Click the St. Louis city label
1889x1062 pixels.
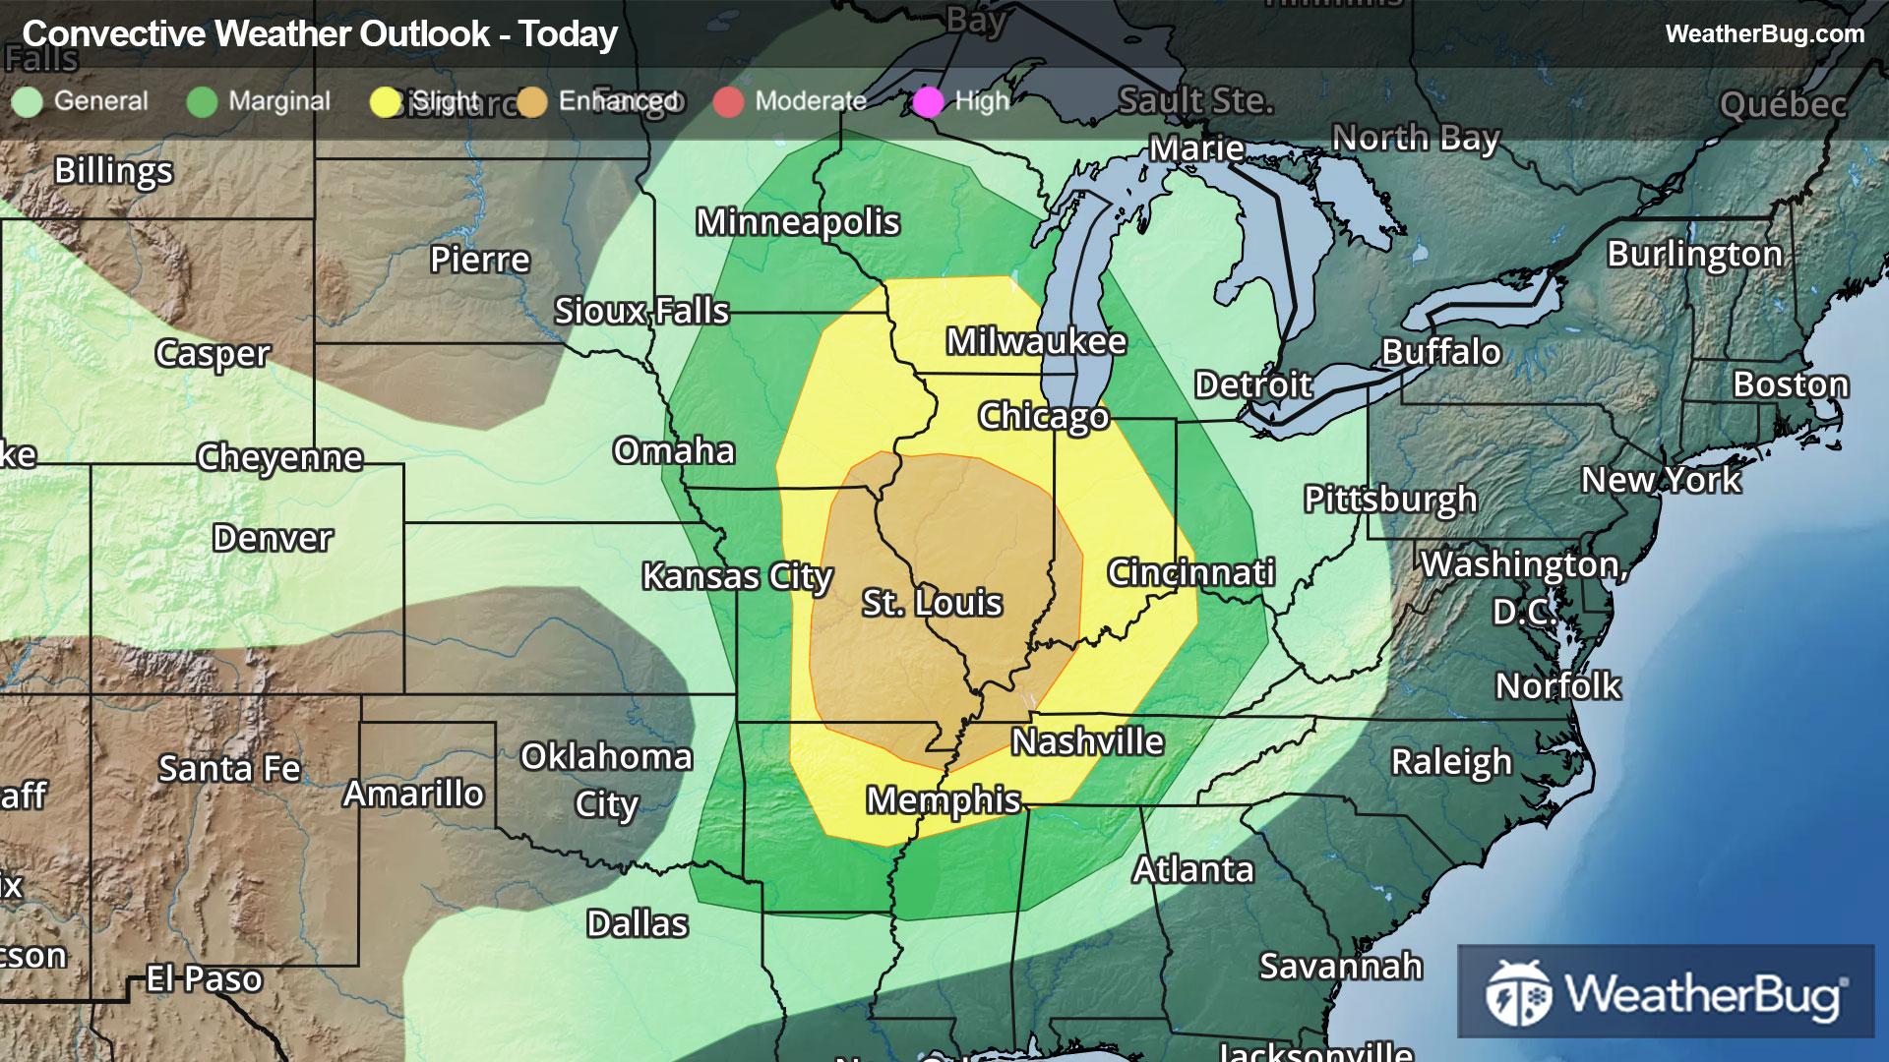pos(932,602)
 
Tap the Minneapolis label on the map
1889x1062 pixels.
pos(798,222)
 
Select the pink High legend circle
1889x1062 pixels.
pos(928,101)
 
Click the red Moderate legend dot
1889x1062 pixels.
pos(728,101)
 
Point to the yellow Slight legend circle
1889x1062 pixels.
pos(385,101)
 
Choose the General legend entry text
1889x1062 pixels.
pos(100,100)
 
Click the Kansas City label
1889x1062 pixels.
pos(737,576)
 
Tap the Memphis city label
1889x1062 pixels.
pos(943,799)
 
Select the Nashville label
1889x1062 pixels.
pos(1087,741)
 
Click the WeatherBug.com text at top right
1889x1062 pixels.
pos(1764,33)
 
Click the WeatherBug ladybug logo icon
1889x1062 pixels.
pos(1518,992)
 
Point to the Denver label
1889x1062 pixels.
pos(273,538)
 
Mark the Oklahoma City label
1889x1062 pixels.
pos(606,780)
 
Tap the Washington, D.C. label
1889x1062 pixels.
pos(1524,586)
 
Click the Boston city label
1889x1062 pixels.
pos(1791,383)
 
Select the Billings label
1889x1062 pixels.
pos(113,170)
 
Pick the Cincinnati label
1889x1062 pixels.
pos(1191,572)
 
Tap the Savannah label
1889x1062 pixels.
pos(1341,966)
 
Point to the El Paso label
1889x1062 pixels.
pos(204,978)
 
